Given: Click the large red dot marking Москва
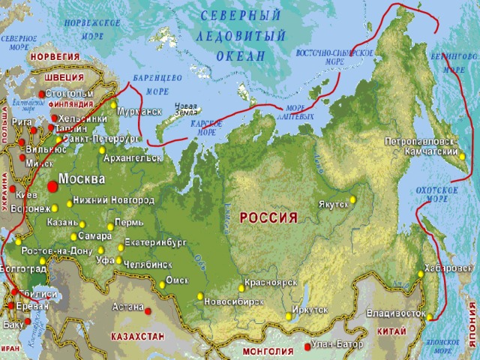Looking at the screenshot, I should click(x=51, y=185).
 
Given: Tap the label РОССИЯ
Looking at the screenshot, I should click(x=268, y=217).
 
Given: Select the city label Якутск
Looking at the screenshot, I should click(x=333, y=204).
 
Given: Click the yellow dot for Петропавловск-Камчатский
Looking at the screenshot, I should click(x=462, y=157).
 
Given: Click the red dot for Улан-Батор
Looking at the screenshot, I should click(x=306, y=346).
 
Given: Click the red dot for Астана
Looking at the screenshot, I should click(x=148, y=311).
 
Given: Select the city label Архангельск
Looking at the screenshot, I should click(x=134, y=158).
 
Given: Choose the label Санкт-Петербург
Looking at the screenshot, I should click(x=101, y=139).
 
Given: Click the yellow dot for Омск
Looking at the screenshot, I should click(x=162, y=284).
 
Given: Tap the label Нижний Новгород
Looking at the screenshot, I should click(x=113, y=200).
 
